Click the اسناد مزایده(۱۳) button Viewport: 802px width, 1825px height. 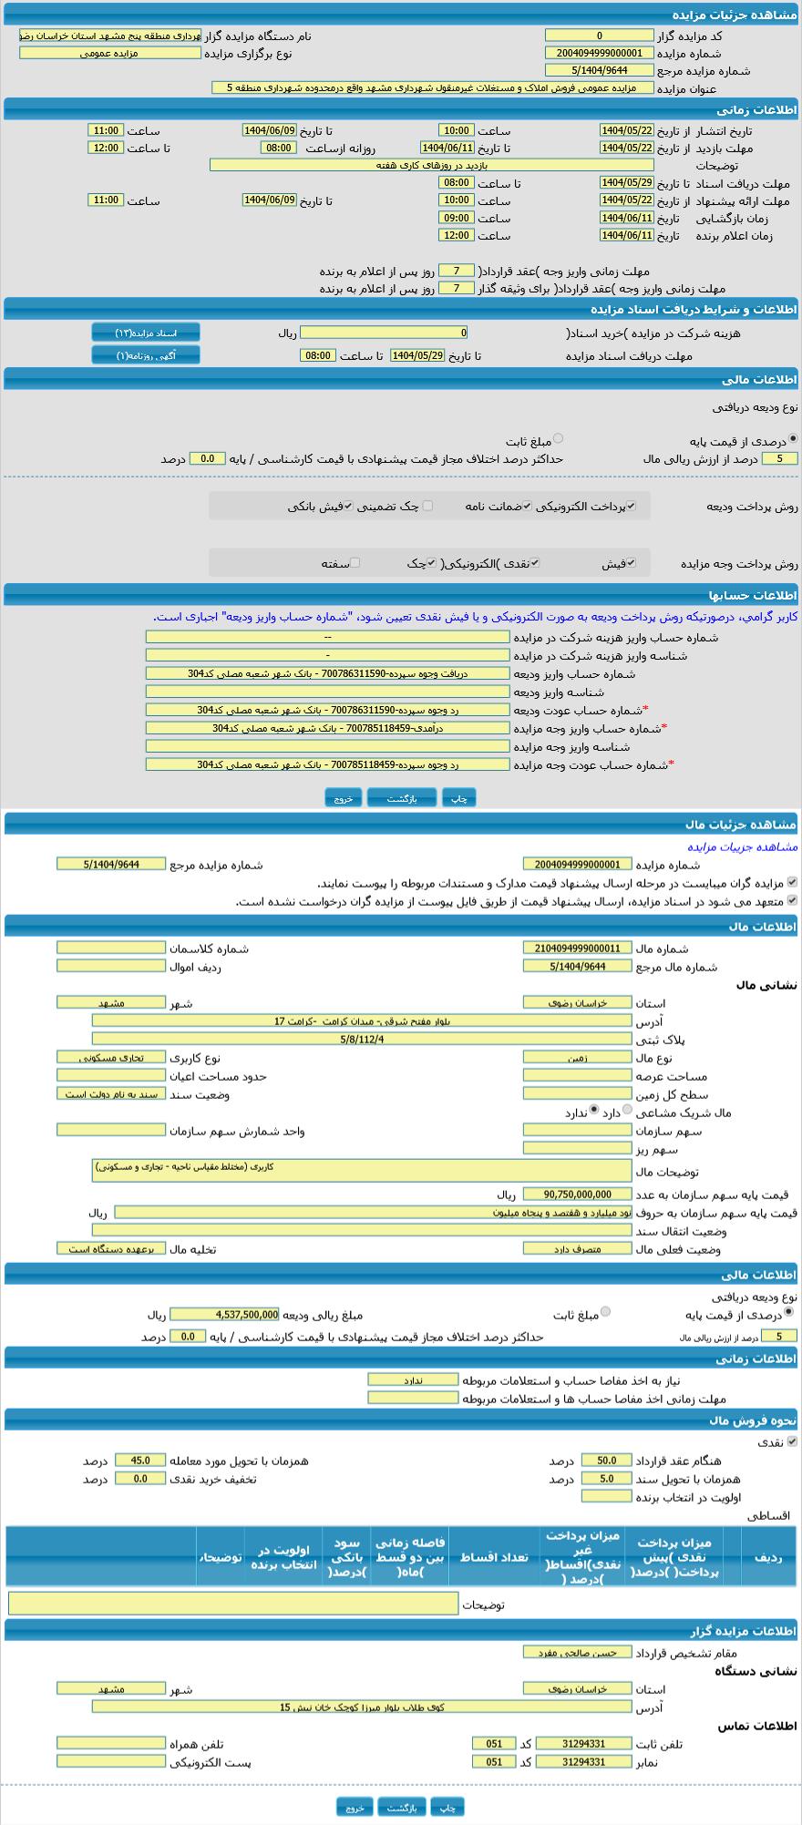pyautogui.click(x=146, y=333)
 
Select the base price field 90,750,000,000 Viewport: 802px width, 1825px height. pyautogui.click(x=578, y=1194)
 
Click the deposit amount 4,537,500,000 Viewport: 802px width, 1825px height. pyautogui.click(x=224, y=1315)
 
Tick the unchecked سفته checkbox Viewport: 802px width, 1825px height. pyautogui.click(x=355, y=563)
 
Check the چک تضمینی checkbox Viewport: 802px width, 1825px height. pyautogui.click(x=427, y=506)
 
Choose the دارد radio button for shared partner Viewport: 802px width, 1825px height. pyautogui.click(x=627, y=1111)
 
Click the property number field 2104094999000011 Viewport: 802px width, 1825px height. pyautogui.click(x=578, y=948)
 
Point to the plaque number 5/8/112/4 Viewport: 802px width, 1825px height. pyautogui.click(x=361, y=1039)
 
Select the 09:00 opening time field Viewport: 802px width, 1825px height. pyautogui.click(x=456, y=218)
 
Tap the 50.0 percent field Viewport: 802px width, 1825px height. pyautogui.click(x=606, y=1461)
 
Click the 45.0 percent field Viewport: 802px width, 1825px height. pyautogui.click(x=140, y=1461)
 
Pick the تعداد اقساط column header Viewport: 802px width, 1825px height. pyautogui.click(x=494, y=1557)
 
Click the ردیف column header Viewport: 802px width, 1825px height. pyautogui.click(x=768, y=1557)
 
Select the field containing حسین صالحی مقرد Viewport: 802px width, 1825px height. pyautogui.click(x=578, y=1652)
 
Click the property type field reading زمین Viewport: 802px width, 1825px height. pyautogui.click(x=578, y=1058)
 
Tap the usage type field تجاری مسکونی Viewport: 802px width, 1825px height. pyautogui.click(x=111, y=1058)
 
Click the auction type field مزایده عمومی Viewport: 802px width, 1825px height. pyautogui.click(x=109, y=53)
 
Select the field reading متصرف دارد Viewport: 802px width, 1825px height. pyautogui.click(x=578, y=1249)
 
